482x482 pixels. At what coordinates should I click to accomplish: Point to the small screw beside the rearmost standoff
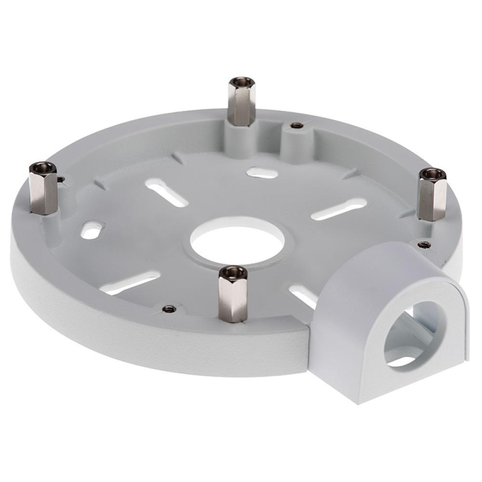coord(296,125)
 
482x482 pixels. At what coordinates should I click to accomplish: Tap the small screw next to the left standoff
coord(61,180)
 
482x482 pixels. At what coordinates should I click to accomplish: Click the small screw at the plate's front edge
coord(168,308)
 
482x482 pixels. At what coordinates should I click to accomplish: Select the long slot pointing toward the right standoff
coord(337,211)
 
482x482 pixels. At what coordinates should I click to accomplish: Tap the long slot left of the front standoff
coord(133,282)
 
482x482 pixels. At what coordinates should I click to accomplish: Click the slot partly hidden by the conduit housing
coord(303,295)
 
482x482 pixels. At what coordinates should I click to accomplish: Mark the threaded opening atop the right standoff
coord(432,173)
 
